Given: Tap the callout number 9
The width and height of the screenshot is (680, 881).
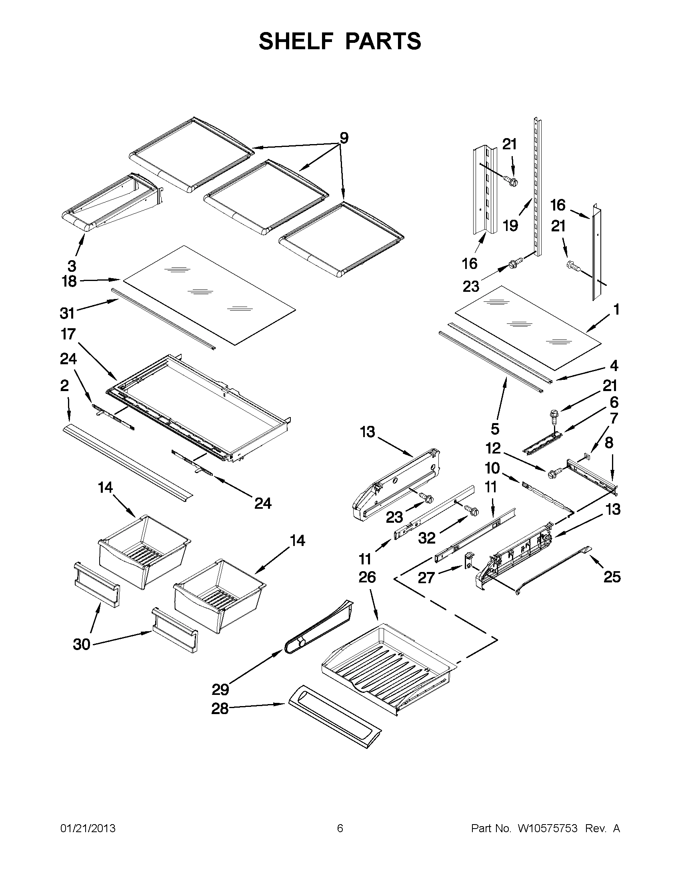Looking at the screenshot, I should coord(344,138).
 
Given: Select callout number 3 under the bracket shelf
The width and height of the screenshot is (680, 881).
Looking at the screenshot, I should coord(72,266).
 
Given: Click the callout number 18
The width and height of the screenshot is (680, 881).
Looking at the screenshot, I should coord(69,281).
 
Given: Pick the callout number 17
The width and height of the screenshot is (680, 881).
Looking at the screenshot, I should coord(68,334).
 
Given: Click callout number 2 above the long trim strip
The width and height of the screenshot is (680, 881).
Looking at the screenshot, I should coord(64,386).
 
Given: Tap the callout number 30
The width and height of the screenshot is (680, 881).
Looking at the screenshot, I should coord(82,644).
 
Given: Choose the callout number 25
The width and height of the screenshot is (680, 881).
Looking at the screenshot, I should coord(612,577).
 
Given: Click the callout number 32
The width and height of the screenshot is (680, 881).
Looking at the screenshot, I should coord(427,538).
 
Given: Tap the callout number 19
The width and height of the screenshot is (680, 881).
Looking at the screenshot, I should coord(510,226).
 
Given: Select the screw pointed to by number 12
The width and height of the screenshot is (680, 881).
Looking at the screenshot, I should coord(553,473).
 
